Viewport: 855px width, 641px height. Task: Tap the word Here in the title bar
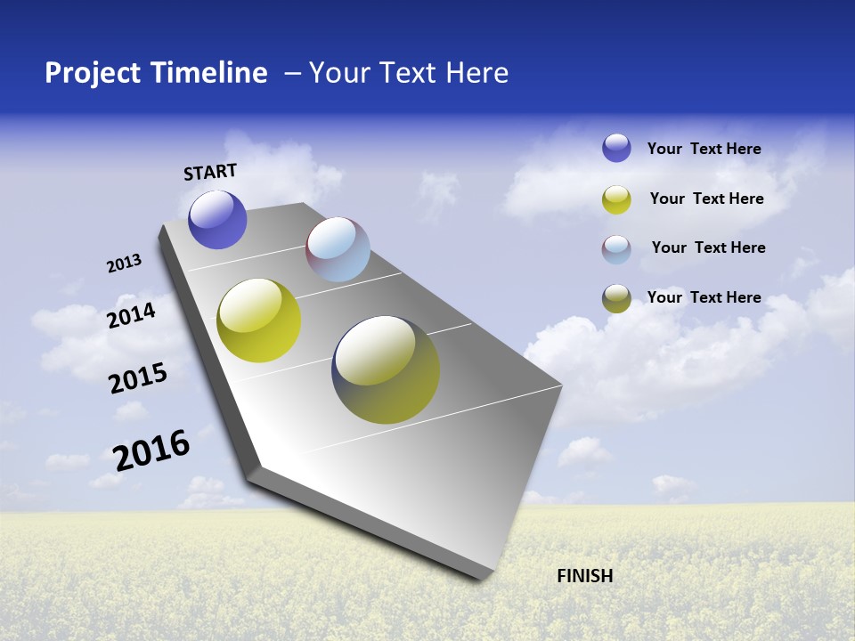[x=476, y=73]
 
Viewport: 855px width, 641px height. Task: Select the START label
[x=210, y=172]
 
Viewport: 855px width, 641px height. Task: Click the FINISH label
[x=585, y=576]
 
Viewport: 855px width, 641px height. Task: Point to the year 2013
[x=124, y=264]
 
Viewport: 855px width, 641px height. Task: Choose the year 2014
[x=131, y=315]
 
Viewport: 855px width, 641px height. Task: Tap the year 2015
[x=137, y=379]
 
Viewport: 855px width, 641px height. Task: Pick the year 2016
[x=151, y=450]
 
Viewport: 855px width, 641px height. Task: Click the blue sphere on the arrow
[x=217, y=220]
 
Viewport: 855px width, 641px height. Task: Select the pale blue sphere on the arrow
[x=338, y=248]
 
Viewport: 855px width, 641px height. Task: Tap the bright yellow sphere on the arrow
[x=259, y=320]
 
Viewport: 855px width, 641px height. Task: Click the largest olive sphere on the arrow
[x=386, y=369]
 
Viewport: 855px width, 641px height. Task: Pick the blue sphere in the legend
[x=616, y=148]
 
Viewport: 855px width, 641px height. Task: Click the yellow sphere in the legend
[x=616, y=199]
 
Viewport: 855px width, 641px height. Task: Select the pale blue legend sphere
[x=616, y=249]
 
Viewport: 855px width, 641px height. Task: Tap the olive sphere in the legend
[x=616, y=298]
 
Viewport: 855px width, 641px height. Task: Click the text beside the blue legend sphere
[x=704, y=149]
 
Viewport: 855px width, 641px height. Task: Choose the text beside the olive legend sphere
[x=704, y=297]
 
